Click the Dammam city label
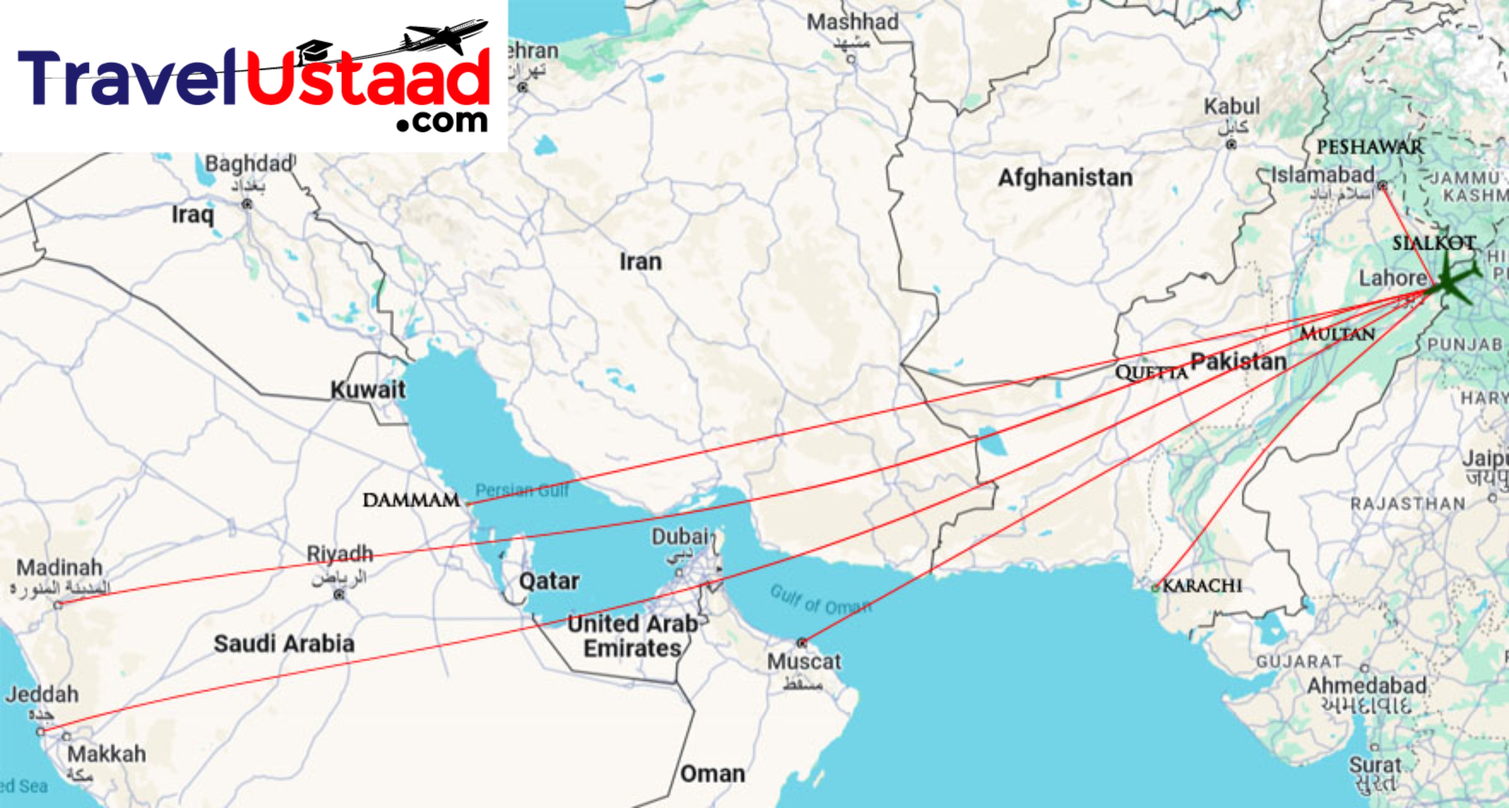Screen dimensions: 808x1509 click(x=411, y=500)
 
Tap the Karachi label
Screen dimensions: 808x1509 click(x=1202, y=585)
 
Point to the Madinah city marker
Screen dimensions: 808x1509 click(x=58, y=605)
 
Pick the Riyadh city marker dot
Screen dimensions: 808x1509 click(x=339, y=595)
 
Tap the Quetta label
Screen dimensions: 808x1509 click(x=1151, y=373)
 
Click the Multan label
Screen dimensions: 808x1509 click(x=1337, y=334)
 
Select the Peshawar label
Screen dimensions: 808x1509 click(x=1369, y=147)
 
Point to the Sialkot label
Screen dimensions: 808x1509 click(x=1433, y=243)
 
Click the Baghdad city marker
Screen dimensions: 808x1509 click(x=247, y=204)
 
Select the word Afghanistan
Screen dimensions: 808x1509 click(x=1065, y=177)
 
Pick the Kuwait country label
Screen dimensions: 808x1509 click(x=368, y=390)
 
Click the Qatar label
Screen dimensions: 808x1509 click(x=549, y=581)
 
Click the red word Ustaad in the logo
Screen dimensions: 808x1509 click(x=368, y=79)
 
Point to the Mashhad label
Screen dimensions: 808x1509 click(x=852, y=22)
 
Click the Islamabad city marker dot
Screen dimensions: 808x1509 click(x=1382, y=186)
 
